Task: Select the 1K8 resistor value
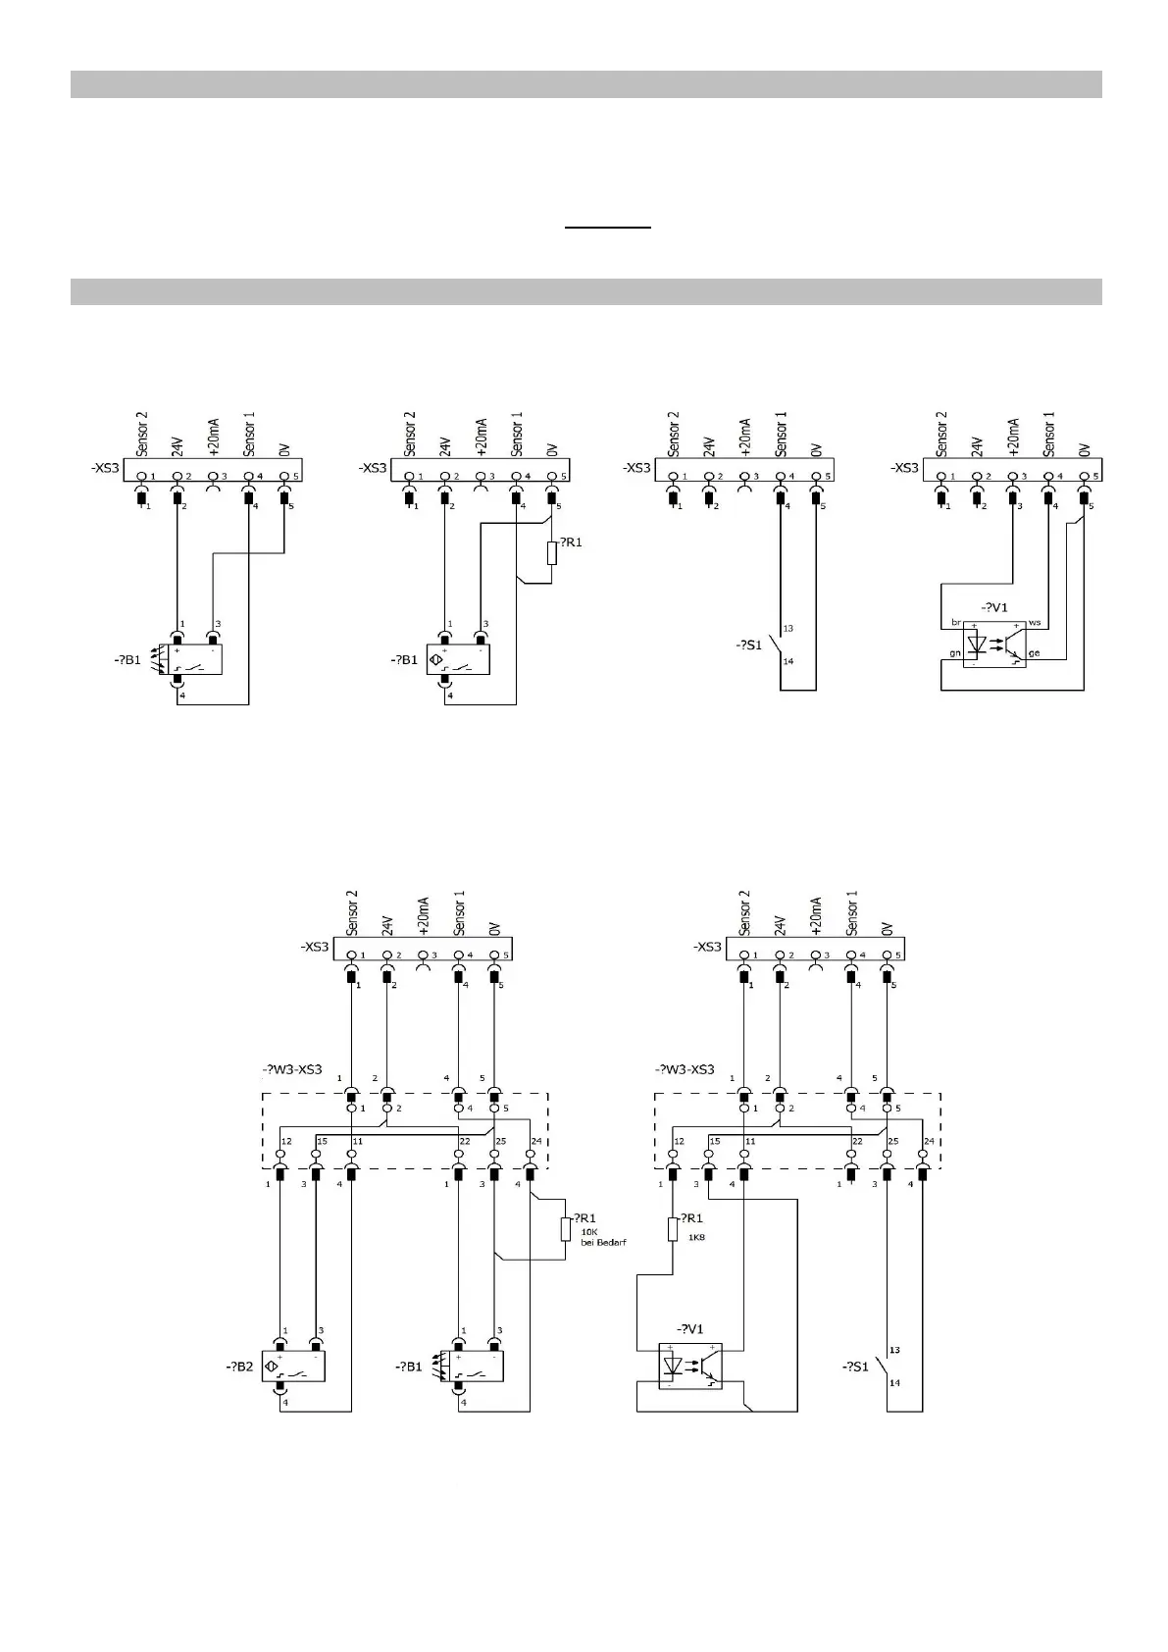[696, 1237]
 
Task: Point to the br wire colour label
[956, 623]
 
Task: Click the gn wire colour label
[955, 652]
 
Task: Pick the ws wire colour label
[1035, 623]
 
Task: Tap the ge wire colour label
[1035, 652]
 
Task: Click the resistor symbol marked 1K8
[673, 1229]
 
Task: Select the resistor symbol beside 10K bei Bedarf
[566, 1229]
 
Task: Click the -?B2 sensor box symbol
[292, 1367]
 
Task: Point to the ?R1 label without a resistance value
[571, 542]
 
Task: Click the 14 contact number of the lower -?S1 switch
[894, 1383]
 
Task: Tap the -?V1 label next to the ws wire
[993, 607]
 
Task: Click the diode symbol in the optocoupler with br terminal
[977, 644]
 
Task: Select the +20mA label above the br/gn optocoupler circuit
[1013, 438]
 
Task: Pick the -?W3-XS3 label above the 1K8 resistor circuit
[684, 1069]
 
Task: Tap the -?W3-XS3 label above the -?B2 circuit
[291, 1069]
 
